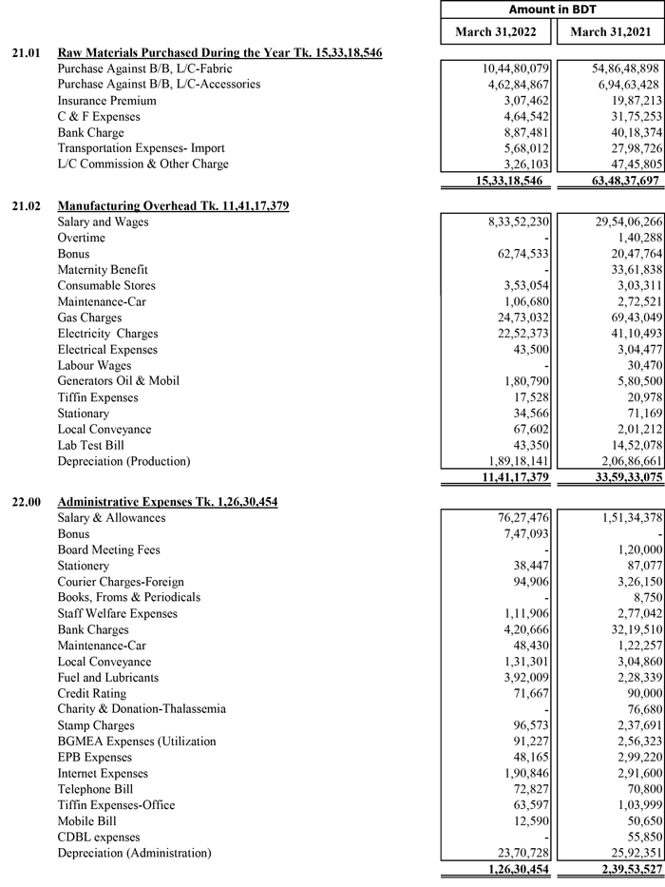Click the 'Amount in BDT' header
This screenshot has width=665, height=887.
[552, 10]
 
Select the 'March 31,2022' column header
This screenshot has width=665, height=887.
[495, 32]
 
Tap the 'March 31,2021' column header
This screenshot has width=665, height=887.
[609, 32]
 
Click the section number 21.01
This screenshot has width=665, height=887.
[25, 53]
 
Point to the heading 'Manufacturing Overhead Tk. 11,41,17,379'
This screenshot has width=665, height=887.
[173, 205]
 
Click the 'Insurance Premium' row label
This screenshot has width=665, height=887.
[106, 101]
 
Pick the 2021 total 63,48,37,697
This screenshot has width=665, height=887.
[614, 181]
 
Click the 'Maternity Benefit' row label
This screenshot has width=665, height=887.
[103, 270]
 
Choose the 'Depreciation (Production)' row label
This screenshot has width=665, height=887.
[123, 461]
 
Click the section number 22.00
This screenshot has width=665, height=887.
[25, 502]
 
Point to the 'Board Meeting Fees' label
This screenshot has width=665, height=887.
[108, 550]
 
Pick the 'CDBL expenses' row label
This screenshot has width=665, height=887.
[99, 837]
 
